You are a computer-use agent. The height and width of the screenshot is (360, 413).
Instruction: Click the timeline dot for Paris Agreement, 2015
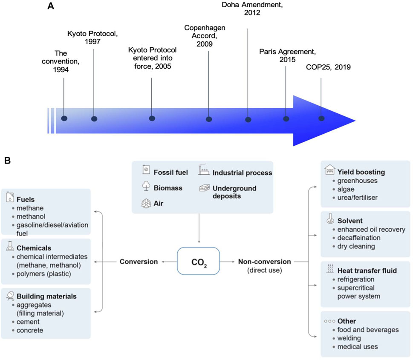pyautogui.click(x=286, y=119)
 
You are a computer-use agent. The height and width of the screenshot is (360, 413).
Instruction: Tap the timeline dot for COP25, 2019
pyautogui.click(x=321, y=118)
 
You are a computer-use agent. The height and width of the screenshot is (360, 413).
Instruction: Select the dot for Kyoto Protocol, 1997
pyautogui.click(x=94, y=118)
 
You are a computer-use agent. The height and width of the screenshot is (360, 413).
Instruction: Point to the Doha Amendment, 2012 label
pyautogui.click(x=247, y=9)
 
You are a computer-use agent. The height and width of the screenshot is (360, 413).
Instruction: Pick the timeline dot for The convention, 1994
pyautogui.click(x=64, y=118)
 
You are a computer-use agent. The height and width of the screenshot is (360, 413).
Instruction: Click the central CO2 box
pyautogui.click(x=198, y=261)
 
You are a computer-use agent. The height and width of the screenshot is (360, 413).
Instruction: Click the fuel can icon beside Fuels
pyautogui.click(x=10, y=198)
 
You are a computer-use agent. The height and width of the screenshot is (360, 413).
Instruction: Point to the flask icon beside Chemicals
pyautogui.click(x=10, y=248)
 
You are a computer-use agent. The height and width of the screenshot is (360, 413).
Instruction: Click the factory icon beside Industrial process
pyautogui.click(x=202, y=172)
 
